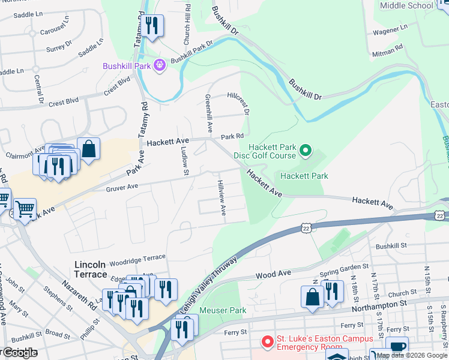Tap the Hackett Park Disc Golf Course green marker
pos(306,151)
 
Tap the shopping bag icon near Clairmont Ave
pos(88,149)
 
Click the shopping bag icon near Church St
pos(312,297)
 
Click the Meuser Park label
pos(223,310)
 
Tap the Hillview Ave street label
pos(221,198)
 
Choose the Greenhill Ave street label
pos(209,113)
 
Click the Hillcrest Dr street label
pos(238,103)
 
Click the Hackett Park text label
pos(304,176)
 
